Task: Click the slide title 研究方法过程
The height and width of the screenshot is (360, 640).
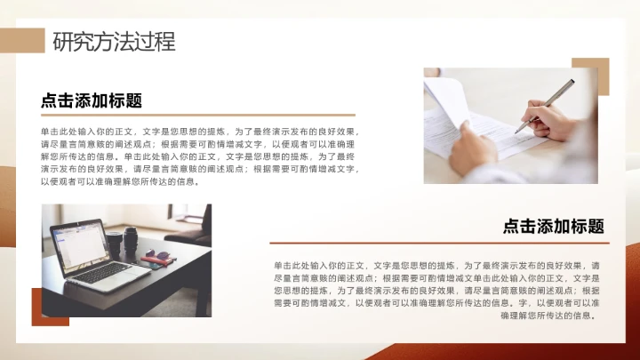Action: pyautogui.click(x=114, y=41)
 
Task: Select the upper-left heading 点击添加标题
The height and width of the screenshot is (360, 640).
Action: pyautogui.click(x=92, y=100)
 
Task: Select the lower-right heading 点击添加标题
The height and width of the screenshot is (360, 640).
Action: pyautogui.click(x=553, y=227)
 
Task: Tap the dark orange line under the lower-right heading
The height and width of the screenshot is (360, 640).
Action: pyautogui.click(x=439, y=243)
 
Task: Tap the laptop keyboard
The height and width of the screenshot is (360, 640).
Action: pyautogui.click(x=102, y=271)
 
